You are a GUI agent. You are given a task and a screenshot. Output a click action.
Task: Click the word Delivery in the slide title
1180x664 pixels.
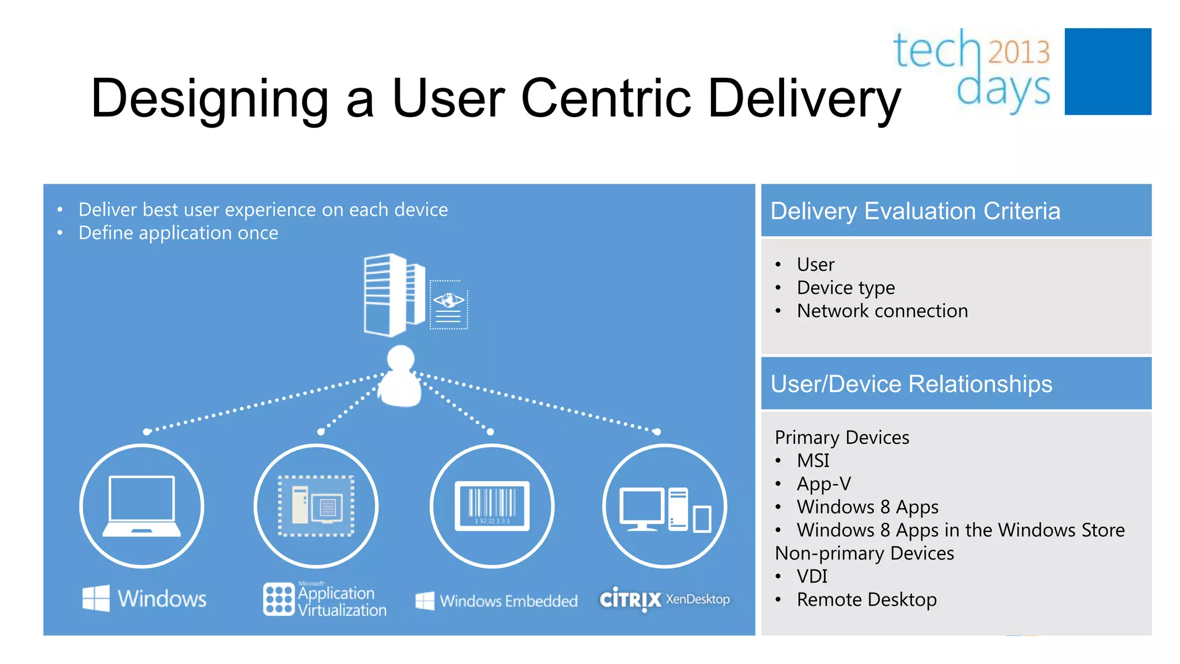(803, 99)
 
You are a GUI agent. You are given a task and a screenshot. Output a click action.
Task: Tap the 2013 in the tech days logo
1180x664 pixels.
(1019, 52)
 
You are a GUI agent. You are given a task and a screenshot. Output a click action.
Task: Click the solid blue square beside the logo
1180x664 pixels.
(1107, 71)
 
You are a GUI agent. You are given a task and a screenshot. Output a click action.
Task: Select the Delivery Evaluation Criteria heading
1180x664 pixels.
(915, 211)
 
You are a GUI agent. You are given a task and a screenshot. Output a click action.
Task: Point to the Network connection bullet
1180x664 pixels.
(882, 311)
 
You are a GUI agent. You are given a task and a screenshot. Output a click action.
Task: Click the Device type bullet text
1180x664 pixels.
(845, 288)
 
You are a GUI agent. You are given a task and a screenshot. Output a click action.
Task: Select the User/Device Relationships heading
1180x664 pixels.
(911, 384)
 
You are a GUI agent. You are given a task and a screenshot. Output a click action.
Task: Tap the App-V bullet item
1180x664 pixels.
(823, 484)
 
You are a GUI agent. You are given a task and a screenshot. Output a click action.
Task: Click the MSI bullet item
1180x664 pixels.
(812, 461)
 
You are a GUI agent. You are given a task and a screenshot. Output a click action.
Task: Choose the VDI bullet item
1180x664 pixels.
(811, 576)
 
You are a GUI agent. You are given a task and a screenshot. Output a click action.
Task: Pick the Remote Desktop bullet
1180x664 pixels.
(866, 600)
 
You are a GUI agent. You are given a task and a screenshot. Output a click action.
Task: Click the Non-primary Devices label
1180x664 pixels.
(864, 553)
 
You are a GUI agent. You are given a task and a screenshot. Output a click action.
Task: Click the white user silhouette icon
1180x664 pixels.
(400, 378)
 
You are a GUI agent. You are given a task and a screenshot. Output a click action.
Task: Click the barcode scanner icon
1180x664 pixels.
(491, 505)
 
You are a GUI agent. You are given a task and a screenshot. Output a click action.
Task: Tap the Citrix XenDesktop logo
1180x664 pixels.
(664, 599)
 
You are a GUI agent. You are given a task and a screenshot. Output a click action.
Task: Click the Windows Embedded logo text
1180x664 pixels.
(497, 601)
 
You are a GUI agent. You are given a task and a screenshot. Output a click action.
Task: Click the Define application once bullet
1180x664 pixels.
(178, 233)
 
